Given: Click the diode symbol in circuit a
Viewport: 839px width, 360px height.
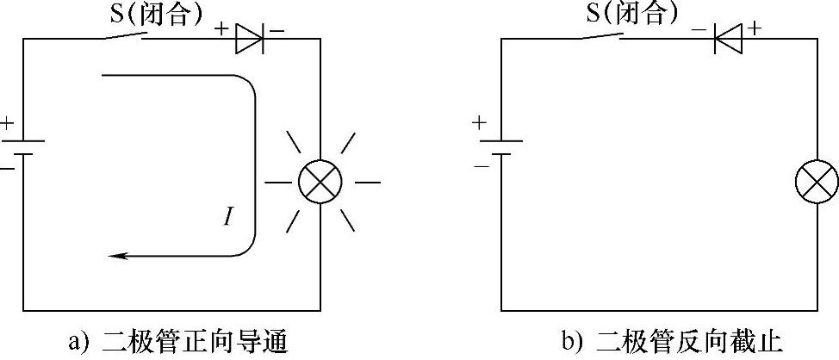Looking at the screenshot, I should [x=249, y=38].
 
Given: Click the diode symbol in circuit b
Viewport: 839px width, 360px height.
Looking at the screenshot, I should [x=729, y=38].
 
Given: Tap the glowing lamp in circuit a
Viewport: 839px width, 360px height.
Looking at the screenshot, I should [x=320, y=182].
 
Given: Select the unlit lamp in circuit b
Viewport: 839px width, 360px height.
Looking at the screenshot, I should [x=816, y=183].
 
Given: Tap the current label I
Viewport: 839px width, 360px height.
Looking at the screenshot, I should [x=227, y=216].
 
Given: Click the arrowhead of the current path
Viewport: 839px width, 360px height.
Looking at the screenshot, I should [x=114, y=256].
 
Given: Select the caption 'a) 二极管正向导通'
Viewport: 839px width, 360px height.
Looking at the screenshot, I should [x=177, y=342].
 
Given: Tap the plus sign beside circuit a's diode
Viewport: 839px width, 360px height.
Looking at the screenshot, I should [x=222, y=28].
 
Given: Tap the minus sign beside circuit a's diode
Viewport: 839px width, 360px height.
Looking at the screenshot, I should [x=277, y=29].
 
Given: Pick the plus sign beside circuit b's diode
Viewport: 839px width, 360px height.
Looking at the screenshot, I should [x=756, y=28].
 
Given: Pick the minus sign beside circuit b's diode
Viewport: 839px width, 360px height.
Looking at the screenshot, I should [x=699, y=29].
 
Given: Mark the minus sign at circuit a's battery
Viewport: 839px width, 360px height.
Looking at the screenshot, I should [x=7, y=169].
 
